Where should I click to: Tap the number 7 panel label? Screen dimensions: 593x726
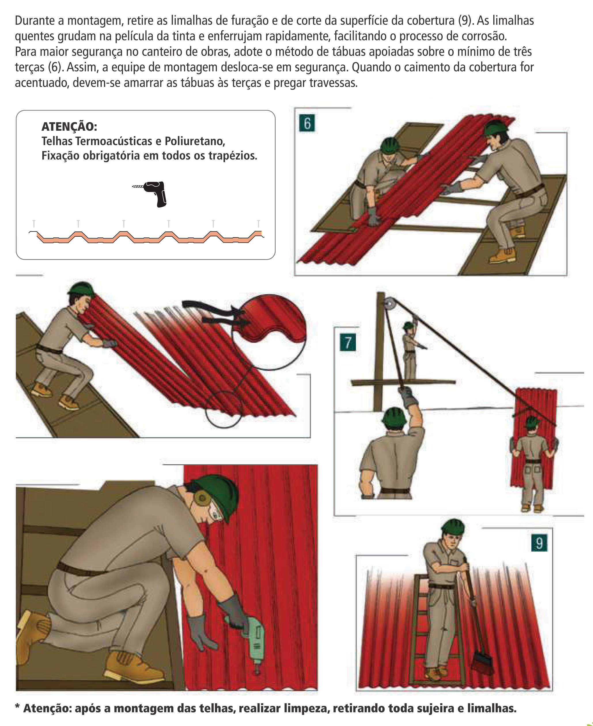348,343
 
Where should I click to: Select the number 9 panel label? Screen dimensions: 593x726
539,543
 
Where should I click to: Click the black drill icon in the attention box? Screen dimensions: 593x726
151,193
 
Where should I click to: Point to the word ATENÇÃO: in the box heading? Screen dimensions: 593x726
69,127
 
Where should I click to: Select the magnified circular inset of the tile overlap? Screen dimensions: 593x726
269,332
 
